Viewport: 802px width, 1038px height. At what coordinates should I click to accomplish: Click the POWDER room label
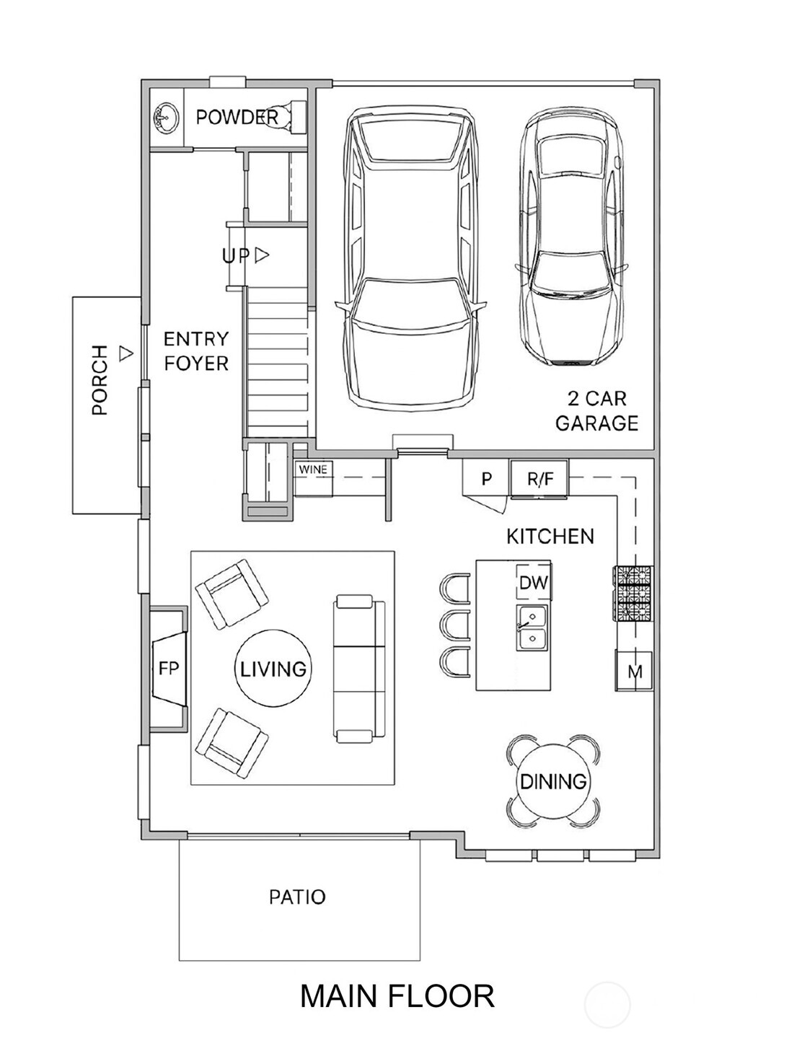pyautogui.click(x=236, y=117)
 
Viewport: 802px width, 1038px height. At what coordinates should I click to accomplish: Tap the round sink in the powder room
pyautogui.click(x=167, y=117)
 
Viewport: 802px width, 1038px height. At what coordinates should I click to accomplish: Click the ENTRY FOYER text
pyautogui.click(x=195, y=351)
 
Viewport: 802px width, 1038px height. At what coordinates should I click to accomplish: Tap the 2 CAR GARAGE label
pyautogui.click(x=596, y=410)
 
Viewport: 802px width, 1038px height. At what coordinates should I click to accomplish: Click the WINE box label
pyautogui.click(x=313, y=470)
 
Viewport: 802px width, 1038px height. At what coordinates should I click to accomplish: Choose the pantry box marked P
pyautogui.click(x=486, y=478)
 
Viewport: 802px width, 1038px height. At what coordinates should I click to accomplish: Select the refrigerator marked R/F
pyautogui.click(x=539, y=478)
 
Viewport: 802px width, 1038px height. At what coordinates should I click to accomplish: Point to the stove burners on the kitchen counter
pyautogui.click(x=633, y=593)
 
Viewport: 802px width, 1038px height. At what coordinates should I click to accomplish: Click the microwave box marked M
pyautogui.click(x=634, y=671)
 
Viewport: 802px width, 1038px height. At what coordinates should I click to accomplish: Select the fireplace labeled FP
pyautogui.click(x=168, y=669)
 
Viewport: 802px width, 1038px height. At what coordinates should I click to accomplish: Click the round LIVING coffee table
pyautogui.click(x=273, y=669)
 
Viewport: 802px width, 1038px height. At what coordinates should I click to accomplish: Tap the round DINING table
pyautogui.click(x=552, y=781)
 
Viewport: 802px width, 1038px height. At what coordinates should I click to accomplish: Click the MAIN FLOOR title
pyautogui.click(x=397, y=996)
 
